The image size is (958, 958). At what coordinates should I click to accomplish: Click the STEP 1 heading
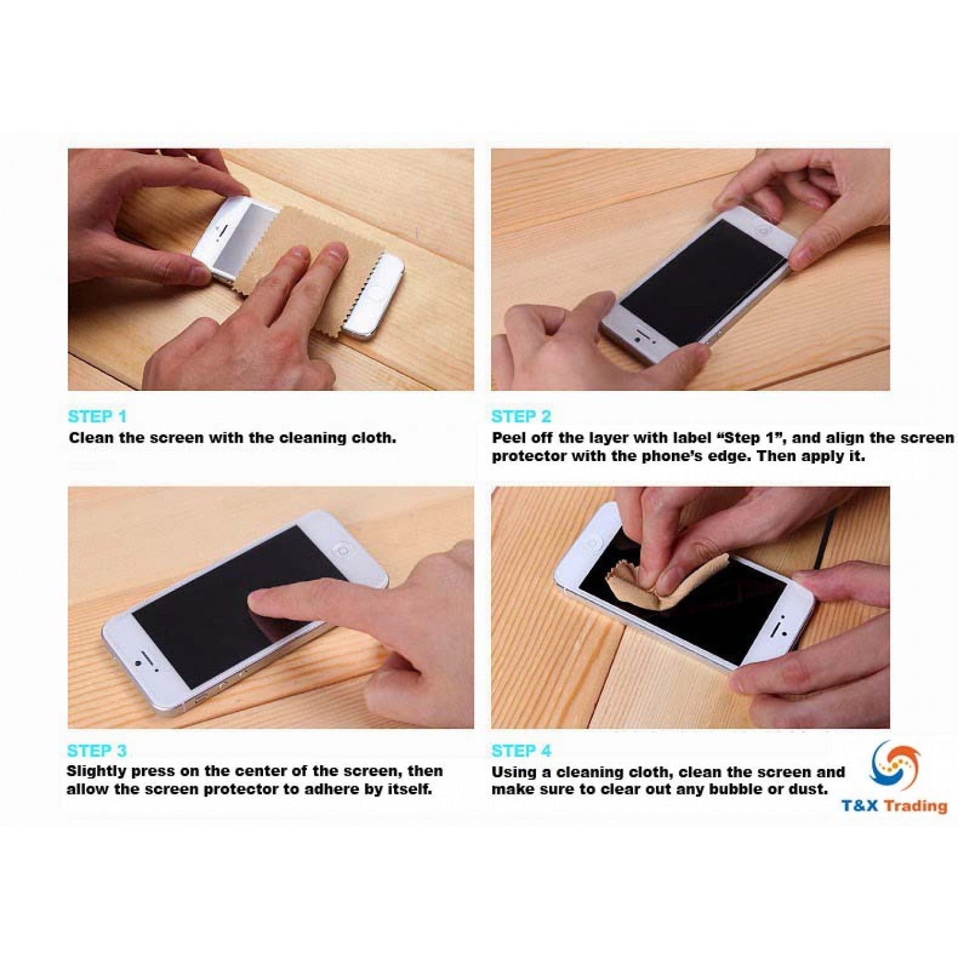coord(97,416)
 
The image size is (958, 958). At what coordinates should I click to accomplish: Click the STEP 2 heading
coord(521,416)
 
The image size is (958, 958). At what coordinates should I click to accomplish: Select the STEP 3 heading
coord(96,750)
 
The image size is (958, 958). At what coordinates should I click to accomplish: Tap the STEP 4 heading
coord(521,750)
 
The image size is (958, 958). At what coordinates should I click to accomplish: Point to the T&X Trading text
coord(893,805)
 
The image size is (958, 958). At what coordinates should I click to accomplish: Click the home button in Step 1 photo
coord(374,294)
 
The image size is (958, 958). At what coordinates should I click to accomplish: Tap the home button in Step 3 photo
coord(342,550)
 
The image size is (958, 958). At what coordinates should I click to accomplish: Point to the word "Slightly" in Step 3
coord(96,771)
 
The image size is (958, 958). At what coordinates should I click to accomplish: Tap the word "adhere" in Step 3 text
coord(332,789)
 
